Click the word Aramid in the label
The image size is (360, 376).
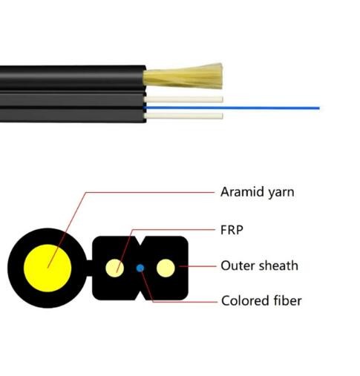point(243,191)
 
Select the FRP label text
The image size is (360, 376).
point(232,230)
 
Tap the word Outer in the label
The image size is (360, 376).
point(238,265)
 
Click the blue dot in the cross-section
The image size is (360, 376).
point(140,268)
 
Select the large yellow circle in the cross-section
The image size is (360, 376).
point(48,268)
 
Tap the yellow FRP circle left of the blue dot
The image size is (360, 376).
point(115,268)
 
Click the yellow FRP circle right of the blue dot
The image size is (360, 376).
point(166,268)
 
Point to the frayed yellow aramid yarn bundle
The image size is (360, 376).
point(183,76)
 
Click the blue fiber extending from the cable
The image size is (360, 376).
point(232,108)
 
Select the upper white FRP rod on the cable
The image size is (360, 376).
point(183,99)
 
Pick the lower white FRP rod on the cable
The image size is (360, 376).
point(183,116)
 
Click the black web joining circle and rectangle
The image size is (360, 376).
point(90,268)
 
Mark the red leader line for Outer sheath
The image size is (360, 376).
point(197,266)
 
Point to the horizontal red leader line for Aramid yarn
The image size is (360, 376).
point(150,192)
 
